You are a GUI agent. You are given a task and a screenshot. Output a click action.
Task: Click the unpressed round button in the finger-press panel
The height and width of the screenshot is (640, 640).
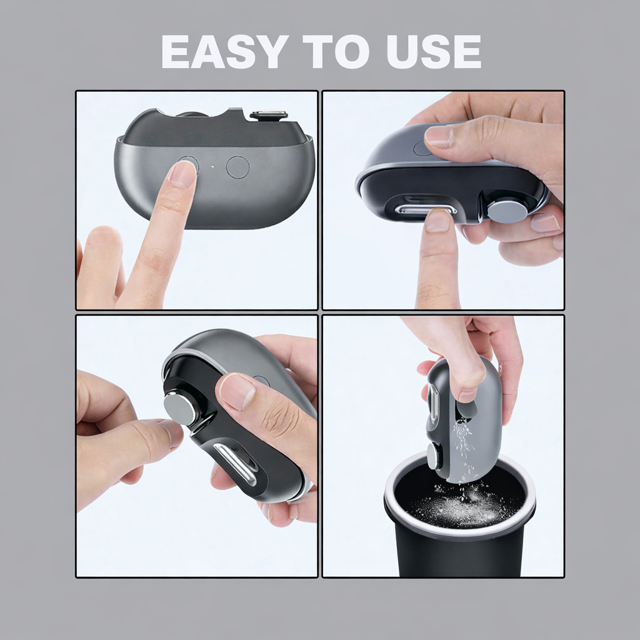[x=237, y=167]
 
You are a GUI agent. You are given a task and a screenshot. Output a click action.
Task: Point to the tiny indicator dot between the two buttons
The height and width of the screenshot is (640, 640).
[x=212, y=167]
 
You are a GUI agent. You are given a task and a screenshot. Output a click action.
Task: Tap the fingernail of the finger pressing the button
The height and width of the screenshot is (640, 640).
[x=182, y=174]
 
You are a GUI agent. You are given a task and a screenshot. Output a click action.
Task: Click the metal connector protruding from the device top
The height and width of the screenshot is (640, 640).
[x=269, y=116]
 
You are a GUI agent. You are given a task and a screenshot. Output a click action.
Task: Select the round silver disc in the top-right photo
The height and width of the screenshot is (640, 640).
[x=507, y=211]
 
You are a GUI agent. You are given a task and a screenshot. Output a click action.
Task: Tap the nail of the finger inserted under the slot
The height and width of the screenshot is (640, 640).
[x=437, y=221]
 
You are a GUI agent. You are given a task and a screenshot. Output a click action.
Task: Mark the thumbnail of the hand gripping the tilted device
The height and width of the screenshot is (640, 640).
[x=237, y=391]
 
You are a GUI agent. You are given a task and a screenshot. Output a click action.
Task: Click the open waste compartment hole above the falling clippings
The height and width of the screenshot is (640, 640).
[x=464, y=409]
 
